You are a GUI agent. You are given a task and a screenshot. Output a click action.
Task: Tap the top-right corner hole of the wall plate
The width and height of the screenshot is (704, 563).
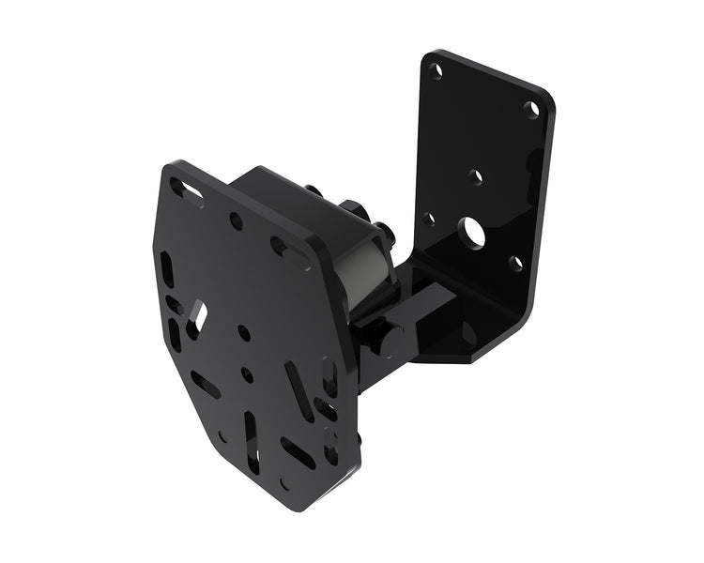tap(532, 110)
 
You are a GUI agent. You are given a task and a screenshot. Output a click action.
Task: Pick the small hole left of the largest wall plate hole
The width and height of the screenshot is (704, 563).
tap(429, 220)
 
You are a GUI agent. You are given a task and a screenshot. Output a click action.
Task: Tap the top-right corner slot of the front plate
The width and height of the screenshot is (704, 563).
tap(279, 249)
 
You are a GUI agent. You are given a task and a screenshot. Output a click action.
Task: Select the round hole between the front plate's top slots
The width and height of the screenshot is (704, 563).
tap(237, 222)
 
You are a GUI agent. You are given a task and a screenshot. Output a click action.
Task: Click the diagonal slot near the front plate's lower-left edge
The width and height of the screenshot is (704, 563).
tap(206, 384)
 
